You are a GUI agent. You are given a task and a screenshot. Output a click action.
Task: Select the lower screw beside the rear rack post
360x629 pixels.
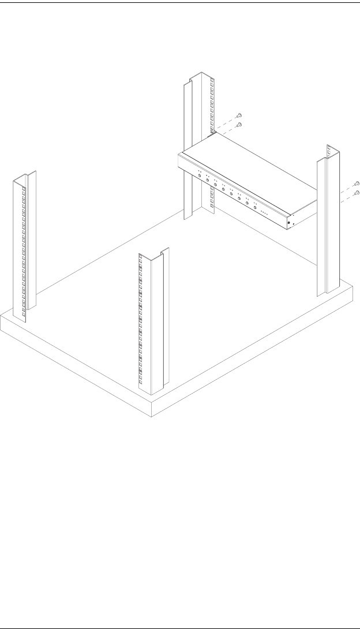coord(240,124)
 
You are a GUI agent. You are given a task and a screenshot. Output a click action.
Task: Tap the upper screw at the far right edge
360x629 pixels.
coord(357,184)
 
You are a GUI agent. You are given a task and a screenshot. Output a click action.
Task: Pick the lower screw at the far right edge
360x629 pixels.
coord(357,192)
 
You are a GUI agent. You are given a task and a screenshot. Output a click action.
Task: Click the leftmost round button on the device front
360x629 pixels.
coord(200,175)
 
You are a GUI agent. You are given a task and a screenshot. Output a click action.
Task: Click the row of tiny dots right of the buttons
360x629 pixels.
coord(264,212)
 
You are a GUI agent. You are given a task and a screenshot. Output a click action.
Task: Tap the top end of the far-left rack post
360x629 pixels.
coord(24,176)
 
